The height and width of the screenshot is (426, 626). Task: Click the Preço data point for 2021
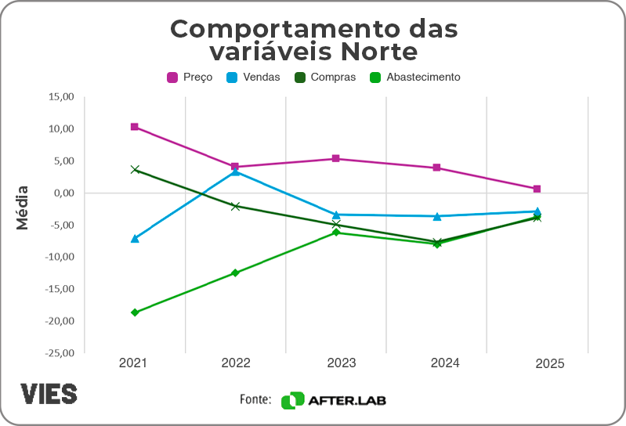pyautogui.click(x=135, y=127)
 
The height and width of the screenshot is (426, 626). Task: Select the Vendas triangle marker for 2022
pyautogui.click(x=235, y=171)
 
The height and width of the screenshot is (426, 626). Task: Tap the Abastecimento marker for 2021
pyautogui.click(x=135, y=312)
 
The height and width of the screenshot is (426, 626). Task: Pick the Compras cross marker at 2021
pyautogui.click(x=135, y=169)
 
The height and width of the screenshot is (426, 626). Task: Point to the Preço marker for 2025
pyautogui.click(x=537, y=189)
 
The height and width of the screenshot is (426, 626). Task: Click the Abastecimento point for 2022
pyautogui.click(x=235, y=273)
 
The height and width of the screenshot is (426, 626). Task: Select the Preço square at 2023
pyautogui.click(x=335, y=158)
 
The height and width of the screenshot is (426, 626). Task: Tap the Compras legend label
pyautogui.click(x=333, y=78)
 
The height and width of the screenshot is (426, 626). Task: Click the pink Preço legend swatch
pyautogui.click(x=172, y=78)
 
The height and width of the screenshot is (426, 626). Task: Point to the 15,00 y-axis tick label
pyautogui.click(x=60, y=97)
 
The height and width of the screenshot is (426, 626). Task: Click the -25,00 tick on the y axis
pyautogui.click(x=59, y=353)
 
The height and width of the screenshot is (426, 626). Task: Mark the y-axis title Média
pyautogui.click(x=23, y=207)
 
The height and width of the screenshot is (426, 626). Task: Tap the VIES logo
pyautogui.click(x=49, y=393)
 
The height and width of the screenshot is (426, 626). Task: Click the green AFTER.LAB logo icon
pyautogui.click(x=292, y=400)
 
